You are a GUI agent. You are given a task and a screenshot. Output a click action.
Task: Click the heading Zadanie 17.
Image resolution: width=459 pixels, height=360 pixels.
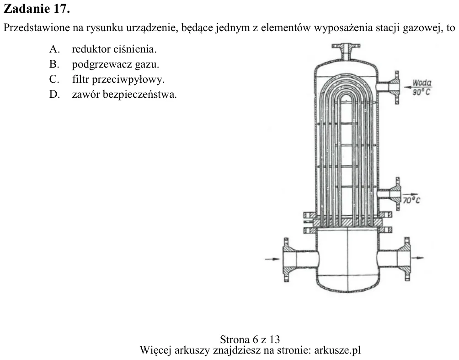(37, 9)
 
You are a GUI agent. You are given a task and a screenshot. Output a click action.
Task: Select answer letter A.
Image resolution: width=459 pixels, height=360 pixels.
(54, 49)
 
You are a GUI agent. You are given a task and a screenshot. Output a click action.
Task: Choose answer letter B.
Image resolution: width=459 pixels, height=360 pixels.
(54, 64)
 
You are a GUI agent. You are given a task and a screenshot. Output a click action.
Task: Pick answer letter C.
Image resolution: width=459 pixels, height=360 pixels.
(54, 79)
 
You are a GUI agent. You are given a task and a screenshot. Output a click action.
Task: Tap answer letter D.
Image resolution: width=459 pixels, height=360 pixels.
(54, 95)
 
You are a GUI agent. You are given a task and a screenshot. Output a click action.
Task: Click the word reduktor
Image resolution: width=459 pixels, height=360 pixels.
(91, 49)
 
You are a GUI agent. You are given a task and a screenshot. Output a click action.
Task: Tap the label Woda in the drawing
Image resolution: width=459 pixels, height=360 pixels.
(422, 83)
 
